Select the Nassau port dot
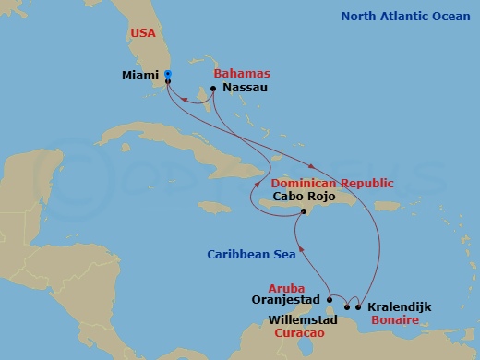213,89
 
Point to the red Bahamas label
241,72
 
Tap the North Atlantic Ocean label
405,16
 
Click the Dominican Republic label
333,183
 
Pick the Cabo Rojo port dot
301,211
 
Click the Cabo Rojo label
301,198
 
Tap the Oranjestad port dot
330,299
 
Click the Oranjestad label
286,300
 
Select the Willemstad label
305,319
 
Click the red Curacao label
301,331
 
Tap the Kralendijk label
399,306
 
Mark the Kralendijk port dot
358,306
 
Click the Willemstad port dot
347,306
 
